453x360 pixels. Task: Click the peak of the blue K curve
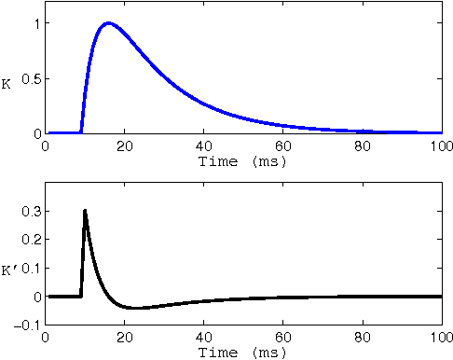(109, 23)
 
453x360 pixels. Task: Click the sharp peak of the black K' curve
(85, 211)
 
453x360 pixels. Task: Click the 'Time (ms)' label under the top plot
(242, 161)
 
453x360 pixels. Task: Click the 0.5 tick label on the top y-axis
(26, 78)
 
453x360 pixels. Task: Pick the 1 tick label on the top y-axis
(34, 22)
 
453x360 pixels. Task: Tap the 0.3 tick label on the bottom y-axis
(26, 212)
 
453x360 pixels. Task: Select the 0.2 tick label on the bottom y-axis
(26, 240)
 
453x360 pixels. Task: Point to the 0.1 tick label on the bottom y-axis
(26, 269)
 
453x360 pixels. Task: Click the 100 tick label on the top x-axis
(441, 146)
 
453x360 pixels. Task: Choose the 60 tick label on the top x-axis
(282, 146)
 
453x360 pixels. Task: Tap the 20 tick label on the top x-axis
(124, 146)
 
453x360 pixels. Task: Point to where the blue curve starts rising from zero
(81, 132)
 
